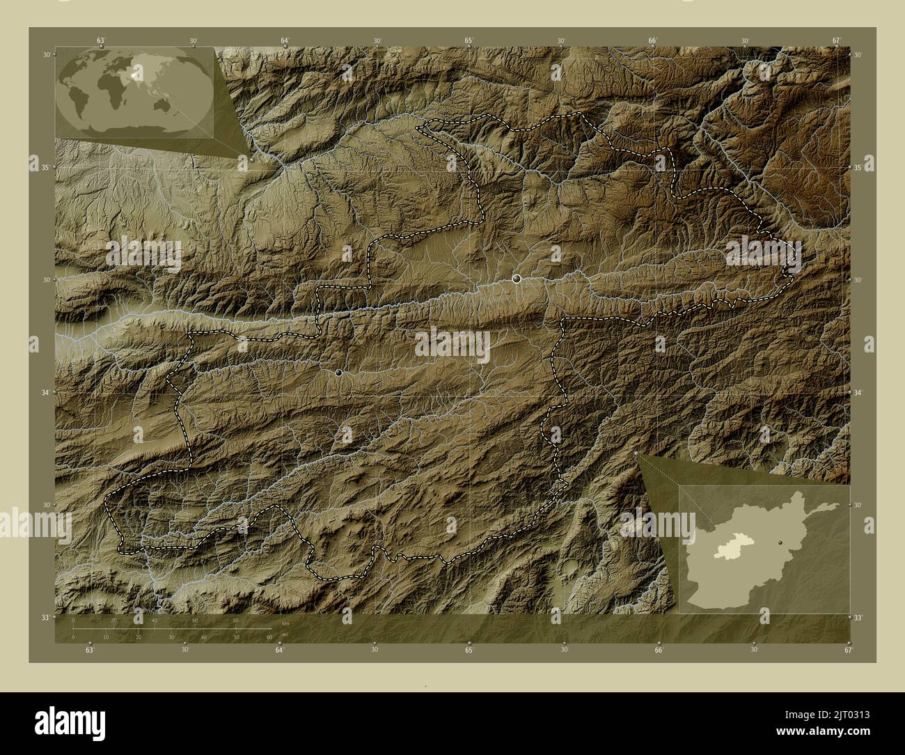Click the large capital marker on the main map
pyautogui.click(x=517, y=279)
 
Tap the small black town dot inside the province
pyautogui.click(x=338, y=373)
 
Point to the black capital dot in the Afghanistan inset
pyautogui.click(x=782, y=540)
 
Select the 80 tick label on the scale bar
pyautogui.click(x=236, y=620)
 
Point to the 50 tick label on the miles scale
pyautogui.click(x=236, y=637)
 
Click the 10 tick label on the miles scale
pyautogui.click(x=106, y=637)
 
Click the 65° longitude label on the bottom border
pyautogui.click(x=470, y=651)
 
